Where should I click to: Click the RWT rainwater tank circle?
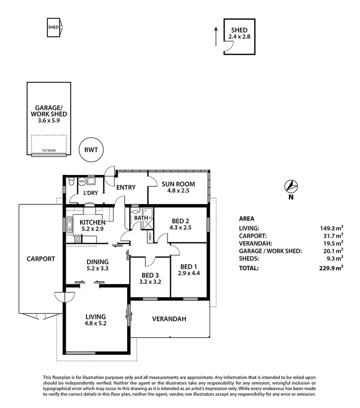91,150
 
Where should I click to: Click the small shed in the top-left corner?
53,27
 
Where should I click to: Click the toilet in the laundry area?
71,181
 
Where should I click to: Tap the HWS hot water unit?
82,182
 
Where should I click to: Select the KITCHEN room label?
93,222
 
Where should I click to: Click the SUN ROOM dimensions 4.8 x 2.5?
178,190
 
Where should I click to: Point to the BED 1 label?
188,267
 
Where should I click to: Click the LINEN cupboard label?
150,236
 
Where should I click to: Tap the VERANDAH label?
169,319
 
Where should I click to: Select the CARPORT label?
41,258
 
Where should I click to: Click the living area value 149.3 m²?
332,229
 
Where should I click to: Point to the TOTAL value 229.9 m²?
332,268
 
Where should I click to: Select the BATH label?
141,218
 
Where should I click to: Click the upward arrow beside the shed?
216,35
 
